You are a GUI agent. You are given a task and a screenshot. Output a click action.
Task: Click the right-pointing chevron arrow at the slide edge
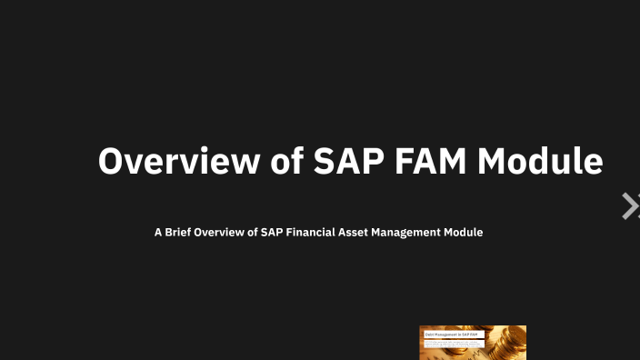point(629,206)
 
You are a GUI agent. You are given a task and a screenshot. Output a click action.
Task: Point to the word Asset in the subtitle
point(360,233)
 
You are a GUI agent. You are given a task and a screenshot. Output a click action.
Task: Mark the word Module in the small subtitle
point(463,233)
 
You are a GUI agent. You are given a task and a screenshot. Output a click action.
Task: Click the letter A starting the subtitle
point(158,233)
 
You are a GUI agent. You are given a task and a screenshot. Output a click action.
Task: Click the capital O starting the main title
point(110,161)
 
